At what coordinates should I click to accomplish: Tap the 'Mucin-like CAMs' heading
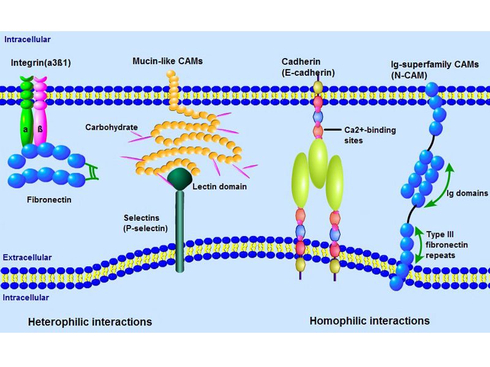click(x=167, y=61)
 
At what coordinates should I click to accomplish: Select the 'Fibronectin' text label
click(x=47, y=199)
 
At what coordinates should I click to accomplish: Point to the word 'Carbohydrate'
click(x=111, y=127)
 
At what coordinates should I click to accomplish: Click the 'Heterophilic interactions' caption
click(x=89, y=321)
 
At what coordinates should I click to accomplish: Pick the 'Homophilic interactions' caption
click(x=369, y=321)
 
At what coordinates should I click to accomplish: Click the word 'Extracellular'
click(x=27, y=258)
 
